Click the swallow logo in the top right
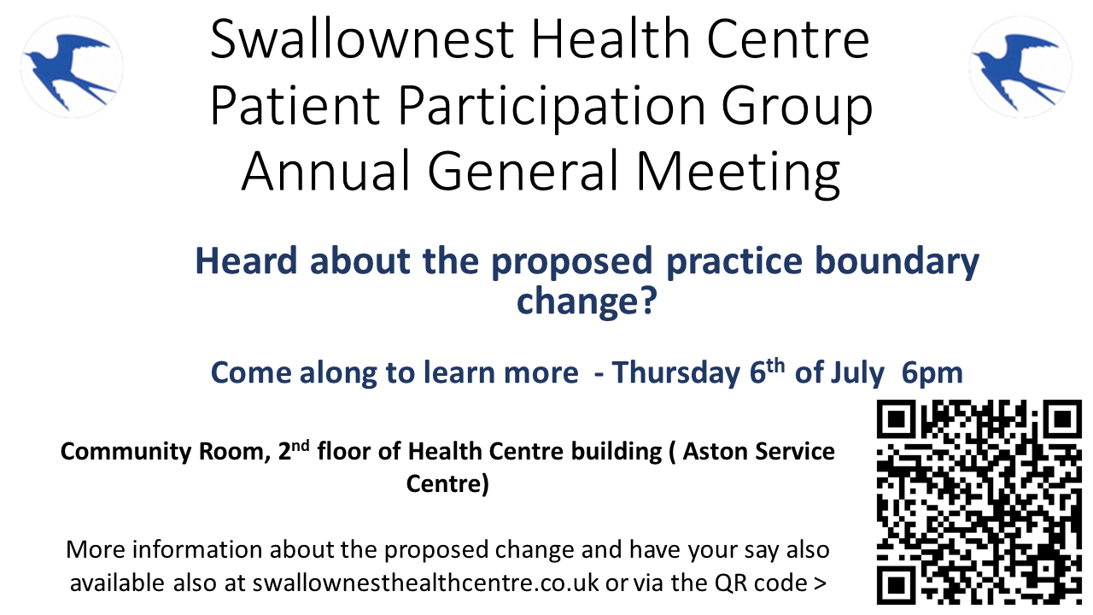pyautogui.click(x=1020, y=67)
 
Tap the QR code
pyautogui.click(x=979, y=501)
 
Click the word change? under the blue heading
pyautogui.click(x=586, y=301)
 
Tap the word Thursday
pyautogui.click(x=676, y=373)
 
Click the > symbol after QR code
pyautogui.click(x=821, y=583)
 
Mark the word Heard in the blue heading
pyautogui.click(x=248, y=261)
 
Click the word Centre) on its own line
pyautogui.click(x=447, y=484)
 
